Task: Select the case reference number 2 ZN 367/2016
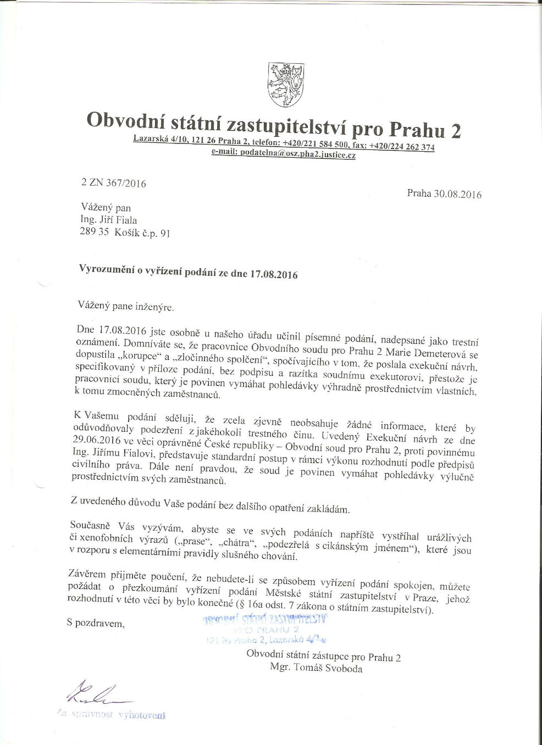click(x=114, y=184)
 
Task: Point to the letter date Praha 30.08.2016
click(x=444, y=194)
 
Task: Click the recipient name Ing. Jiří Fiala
click(x=108, y=220)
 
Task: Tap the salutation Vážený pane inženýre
click(x=126, y=307)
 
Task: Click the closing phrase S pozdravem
click(x=95, y=623)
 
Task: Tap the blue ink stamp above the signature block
click(x=266, y=629)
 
